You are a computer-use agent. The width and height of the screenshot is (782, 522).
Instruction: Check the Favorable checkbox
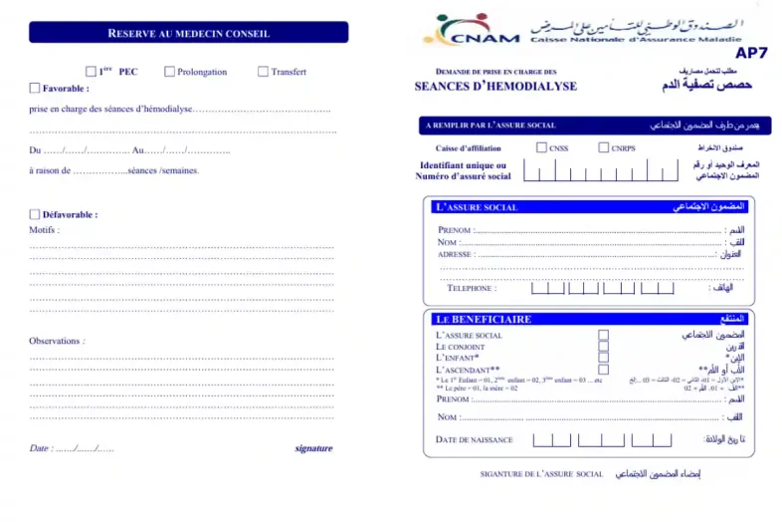[36, 88]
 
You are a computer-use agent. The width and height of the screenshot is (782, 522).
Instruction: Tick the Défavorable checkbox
[35, 214]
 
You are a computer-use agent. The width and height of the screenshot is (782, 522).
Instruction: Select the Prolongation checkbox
[170, 72]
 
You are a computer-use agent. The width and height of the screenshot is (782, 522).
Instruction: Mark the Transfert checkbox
[263, 72]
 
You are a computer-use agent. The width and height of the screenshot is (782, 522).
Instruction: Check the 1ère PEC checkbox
[92, 72]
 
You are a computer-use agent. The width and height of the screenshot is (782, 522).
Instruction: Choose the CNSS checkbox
[541, 147]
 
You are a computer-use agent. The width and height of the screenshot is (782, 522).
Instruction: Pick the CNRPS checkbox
[604, 147]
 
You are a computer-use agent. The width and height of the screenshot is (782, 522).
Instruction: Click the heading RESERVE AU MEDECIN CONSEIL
[188, 33]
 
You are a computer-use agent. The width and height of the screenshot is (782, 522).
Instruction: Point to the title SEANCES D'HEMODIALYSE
[495, 87]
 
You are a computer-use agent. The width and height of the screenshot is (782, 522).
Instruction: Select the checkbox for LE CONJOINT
[603, 347]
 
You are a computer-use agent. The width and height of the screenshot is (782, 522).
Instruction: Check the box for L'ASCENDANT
[603, 369]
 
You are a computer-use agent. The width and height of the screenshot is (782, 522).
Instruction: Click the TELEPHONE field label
[471, 289]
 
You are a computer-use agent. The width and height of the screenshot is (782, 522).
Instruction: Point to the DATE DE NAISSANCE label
[474, 439]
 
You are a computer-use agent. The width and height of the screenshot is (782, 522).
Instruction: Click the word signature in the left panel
[313, 448]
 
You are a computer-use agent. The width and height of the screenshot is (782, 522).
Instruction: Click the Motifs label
[44, 230]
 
